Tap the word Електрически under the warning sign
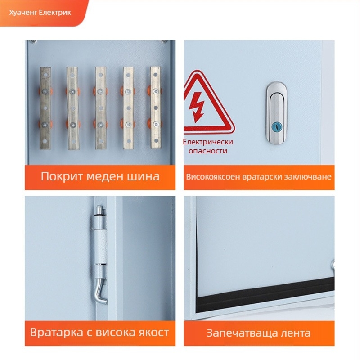click(x=208, y=142)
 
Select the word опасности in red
click(x=208, y=151)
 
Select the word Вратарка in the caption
click(x=55, y=333)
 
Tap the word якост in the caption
click(x=152, y=333)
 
